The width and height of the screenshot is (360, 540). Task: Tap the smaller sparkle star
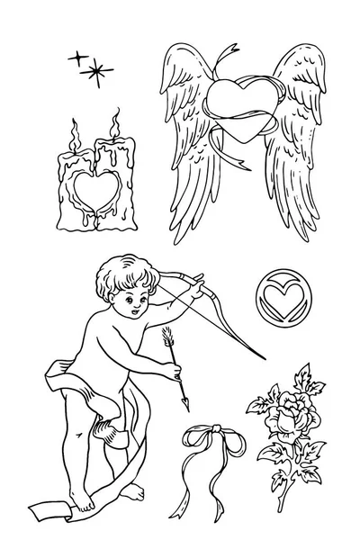tap(76, 58)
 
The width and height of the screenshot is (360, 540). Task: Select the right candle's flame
tap(114, 120)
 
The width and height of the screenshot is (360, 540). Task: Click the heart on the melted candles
tap(91, 190)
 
